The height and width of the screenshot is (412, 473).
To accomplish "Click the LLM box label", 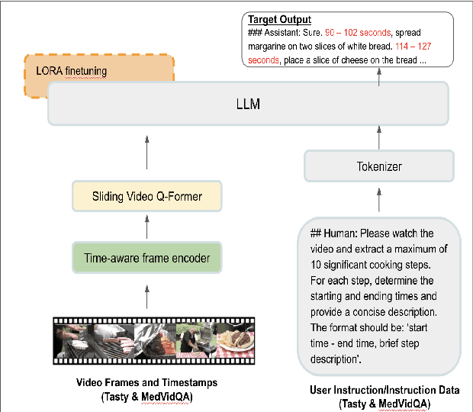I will pos(249,104).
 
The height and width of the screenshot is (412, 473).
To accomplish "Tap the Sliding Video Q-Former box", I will pos(146,197).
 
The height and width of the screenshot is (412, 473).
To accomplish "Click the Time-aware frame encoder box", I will pos(146,258).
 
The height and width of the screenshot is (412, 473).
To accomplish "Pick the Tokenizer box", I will pos(379,166).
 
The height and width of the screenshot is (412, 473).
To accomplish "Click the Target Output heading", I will pos(279,19).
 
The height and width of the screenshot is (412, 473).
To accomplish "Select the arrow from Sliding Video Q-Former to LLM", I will pos(146,153).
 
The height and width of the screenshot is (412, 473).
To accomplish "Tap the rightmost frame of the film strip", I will pos(234,338).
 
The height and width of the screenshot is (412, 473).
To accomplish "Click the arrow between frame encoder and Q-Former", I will pos(146,227).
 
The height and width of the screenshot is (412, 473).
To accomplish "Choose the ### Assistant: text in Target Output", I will pos(273,34).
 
